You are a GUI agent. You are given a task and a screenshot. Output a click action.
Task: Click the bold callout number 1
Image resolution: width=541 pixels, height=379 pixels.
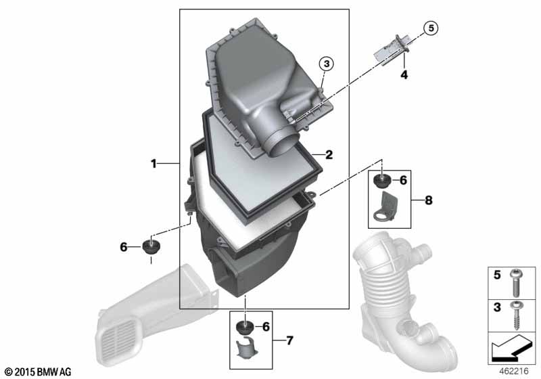pyautogui.click(x=154, y=163)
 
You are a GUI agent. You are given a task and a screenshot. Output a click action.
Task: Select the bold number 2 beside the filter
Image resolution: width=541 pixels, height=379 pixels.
pyautogui.click(x=329, y=154)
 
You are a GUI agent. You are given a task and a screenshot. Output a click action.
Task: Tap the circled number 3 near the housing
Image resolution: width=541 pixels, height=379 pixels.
pyautogui.click(x=326, y=64)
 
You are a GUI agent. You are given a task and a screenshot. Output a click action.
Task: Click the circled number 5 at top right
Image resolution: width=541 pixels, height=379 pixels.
pyautogui.click(x=430, y=28)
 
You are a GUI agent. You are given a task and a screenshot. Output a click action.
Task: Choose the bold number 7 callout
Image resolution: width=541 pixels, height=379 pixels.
pyautogui.click(x=289, y=340)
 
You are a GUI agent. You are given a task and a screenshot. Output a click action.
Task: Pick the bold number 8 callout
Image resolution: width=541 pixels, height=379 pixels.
pyautogui.click(x=427, y=200)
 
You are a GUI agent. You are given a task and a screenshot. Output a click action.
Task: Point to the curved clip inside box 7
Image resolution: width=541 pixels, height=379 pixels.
pyautogui.click(x=245, y=351)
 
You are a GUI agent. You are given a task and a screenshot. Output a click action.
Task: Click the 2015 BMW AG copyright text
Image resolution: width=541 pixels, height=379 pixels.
pyautogui.click(x=37, y=372)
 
